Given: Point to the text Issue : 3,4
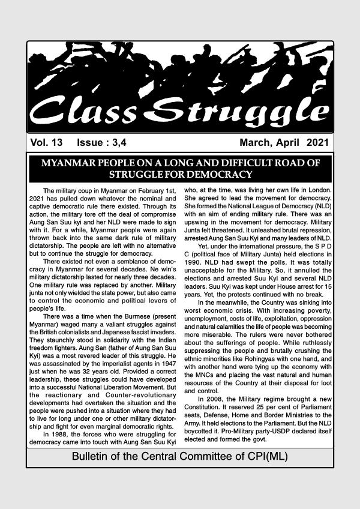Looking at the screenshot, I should [x=105, y=143].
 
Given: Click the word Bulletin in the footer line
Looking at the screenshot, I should [x=91, y=456].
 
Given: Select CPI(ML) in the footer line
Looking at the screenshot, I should [x=263, y=456].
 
